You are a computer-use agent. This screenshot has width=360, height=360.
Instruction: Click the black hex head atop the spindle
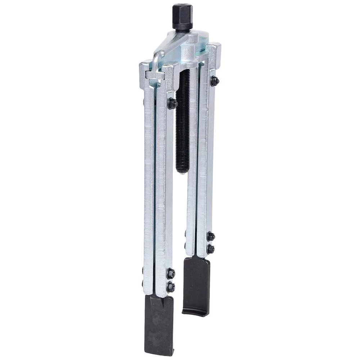pyautogui.click(x=182, y=16)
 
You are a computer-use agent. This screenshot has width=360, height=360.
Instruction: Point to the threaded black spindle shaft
pyautogui.click(x=183, y=119)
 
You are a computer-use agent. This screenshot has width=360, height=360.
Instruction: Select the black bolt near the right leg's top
pyautogui.click(x=215, y=81)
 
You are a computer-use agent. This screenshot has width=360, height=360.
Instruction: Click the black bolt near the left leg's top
pyautogui.click(x=172, y=104)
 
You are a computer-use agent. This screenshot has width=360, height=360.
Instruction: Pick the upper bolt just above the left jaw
pyautogui.click(x=171, y=274)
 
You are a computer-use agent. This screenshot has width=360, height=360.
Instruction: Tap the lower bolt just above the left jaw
pyautogui.click(x=171, y=287)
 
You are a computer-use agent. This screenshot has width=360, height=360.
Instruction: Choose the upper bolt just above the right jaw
pyautogui.click(x=211, y=236)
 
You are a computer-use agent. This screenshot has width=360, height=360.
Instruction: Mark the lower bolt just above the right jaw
pyautogui.click(x=211, y=249)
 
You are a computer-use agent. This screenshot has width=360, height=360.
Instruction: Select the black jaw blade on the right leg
pyautogui.click(x=197, y=284)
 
